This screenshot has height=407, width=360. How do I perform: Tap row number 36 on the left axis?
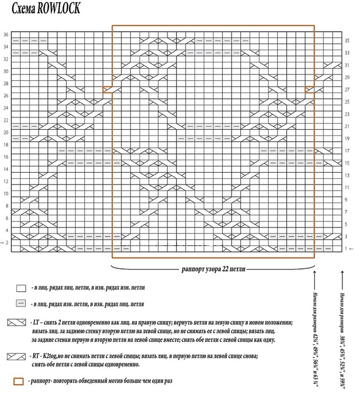click(x=6, y=35)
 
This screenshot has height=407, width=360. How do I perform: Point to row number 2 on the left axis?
click(x=7, y=243)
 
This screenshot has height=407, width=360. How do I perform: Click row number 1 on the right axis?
click(x=347, y=249)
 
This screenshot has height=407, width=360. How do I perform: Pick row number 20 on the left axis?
click(x=6, y=132)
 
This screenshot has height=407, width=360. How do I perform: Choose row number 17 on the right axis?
click(x=347, y=151)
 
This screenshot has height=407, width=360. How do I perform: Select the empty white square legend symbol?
click(x=21, y=288)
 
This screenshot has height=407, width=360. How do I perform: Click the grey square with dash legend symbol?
click(x=21, y=304)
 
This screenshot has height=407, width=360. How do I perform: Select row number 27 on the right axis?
click(x=347, y=90)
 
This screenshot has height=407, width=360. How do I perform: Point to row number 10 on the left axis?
click(x=6, y=194)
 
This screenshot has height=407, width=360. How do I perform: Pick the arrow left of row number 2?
click(x=2, y=243)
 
